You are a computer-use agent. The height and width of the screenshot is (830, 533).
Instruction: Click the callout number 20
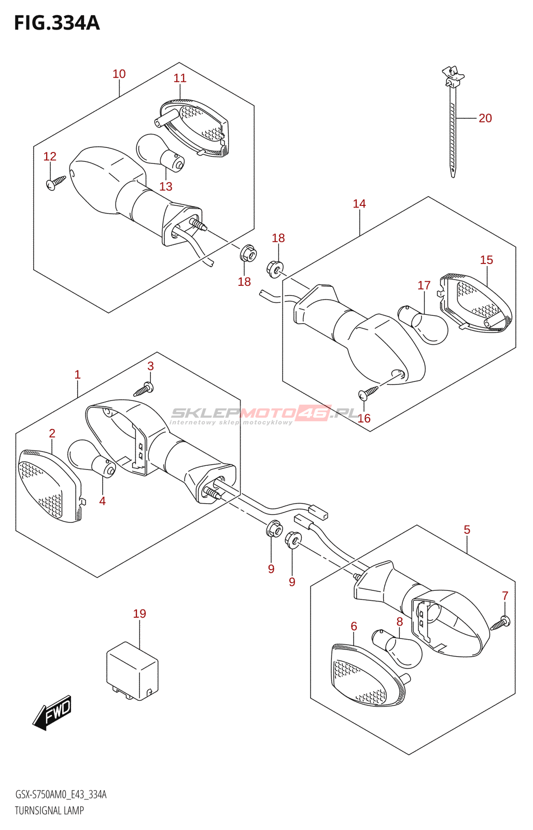click(485, 118)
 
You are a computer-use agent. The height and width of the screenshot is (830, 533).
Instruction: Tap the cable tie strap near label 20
click(453, 122)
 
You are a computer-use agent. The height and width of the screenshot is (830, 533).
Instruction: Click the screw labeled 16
click(368, 392)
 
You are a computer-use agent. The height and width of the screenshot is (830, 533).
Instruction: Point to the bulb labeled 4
click(91, 459)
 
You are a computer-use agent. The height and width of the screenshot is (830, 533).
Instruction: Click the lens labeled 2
click(50, 486)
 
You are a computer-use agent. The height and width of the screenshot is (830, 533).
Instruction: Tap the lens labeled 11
click(192, 128)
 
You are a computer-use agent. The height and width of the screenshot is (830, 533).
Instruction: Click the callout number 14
click(359, 203)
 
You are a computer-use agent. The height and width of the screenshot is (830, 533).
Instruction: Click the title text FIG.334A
click(57, 23)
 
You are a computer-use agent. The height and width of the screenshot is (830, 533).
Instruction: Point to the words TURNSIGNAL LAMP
click(49, 810)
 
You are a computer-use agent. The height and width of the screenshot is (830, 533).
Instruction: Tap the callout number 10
click(119, 74)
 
